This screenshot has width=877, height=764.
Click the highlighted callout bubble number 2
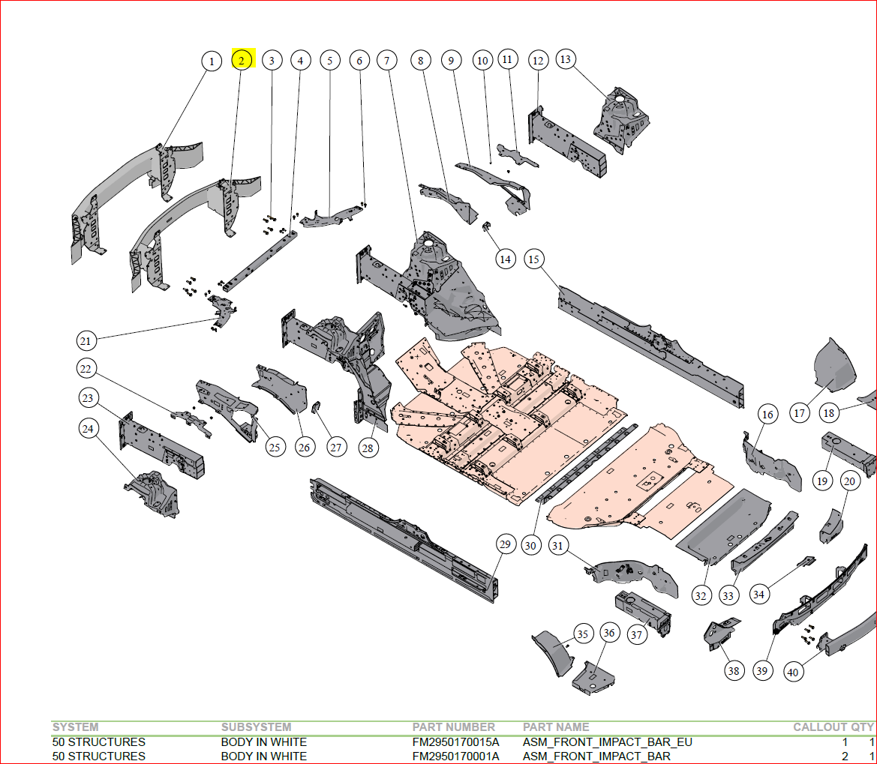point(242,60)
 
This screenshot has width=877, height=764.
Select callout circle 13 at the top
point(566,58)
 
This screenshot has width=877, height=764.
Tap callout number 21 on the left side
point(86,341)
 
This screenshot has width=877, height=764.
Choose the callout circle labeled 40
point(793,672)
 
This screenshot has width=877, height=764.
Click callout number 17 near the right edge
point(799,412)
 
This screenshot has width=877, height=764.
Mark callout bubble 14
point(506,259)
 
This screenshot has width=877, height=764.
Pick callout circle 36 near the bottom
point(609,634)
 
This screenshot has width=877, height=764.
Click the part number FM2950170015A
point(455,742)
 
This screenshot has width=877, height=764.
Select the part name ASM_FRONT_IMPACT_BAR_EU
point(607,742)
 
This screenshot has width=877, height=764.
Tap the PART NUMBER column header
point(453,727)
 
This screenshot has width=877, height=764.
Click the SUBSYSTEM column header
point(256,727)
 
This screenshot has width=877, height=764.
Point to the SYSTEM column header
point(75,727)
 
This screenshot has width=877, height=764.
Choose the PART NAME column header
point(556,727)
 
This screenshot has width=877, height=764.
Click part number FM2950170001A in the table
point(455,756)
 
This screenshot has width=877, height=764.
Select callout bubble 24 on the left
point(89,429)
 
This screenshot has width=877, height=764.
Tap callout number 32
point(701,595)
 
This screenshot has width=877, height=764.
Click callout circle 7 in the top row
point(387,60)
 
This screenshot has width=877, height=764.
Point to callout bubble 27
point(335,448)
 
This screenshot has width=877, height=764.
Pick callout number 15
point(533,259)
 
